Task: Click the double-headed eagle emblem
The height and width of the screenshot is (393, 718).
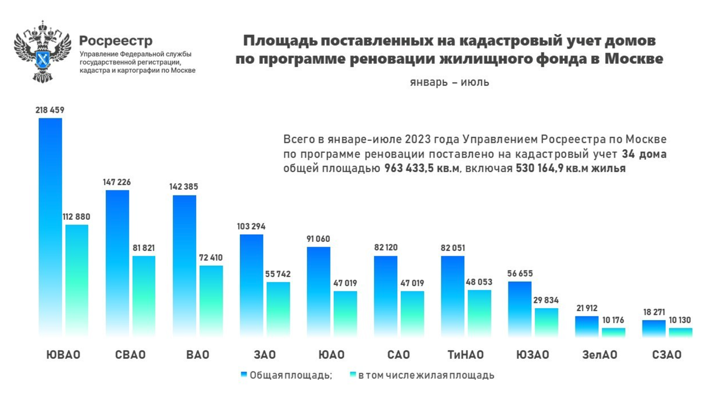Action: coord(42,52)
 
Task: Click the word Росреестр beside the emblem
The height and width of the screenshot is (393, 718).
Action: coord(116,41)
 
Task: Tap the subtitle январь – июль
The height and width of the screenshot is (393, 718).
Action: coord(449,82)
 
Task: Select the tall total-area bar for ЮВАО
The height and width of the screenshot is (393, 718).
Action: coord(50,227)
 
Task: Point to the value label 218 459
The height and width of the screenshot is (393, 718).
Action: coord(50,110)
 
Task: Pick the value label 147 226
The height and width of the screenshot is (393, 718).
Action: coord(117,182)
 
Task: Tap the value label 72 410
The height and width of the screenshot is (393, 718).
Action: coord(210,258)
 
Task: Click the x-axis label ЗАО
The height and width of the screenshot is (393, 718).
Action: coord(264,355)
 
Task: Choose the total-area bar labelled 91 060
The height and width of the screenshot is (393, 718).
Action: coord(318,291)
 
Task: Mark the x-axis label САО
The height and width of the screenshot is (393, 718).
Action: coord(398,355)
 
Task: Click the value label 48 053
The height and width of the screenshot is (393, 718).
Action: coord(479,282)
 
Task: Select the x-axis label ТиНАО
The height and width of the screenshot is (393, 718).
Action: coord(466,355)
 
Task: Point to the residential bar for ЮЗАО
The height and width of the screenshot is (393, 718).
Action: coord(546,323)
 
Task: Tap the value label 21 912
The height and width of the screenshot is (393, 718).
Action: coord(586,308)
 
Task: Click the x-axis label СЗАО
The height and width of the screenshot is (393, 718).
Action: coord(667,355)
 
